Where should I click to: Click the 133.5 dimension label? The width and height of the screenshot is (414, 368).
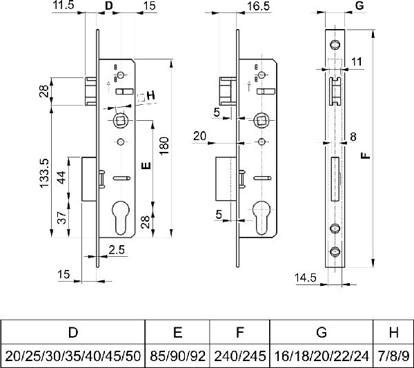(44, 173)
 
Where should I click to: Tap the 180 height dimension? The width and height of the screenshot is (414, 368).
(164, 146)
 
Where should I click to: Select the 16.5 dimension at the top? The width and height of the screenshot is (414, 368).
(258, 6)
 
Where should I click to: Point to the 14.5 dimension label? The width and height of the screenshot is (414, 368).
(305, 278)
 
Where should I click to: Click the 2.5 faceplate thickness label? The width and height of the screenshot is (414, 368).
(117, 250)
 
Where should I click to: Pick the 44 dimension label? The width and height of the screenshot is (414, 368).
(61, 177)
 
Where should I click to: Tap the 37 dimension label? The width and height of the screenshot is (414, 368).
(62, 217)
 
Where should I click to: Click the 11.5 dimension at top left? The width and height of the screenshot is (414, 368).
(63, 5)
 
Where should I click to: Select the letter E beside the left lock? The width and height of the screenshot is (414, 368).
(146, 166)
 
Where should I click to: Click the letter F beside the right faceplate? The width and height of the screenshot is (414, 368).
(366, 156)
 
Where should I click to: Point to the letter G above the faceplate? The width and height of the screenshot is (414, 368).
(359, 6)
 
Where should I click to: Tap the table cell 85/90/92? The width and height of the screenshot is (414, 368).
(177, 356)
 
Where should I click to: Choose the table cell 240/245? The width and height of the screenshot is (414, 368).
(239, 356)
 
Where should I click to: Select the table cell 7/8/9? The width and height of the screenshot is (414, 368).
(393, 356)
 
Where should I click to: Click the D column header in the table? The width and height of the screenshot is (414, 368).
(73, 332)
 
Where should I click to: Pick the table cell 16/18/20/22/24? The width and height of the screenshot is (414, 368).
(322, 356)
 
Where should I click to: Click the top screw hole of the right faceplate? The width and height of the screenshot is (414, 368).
(335, 45)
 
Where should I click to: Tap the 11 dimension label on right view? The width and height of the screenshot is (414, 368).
(357, 62)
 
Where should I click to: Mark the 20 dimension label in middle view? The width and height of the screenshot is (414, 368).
(199, 136)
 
